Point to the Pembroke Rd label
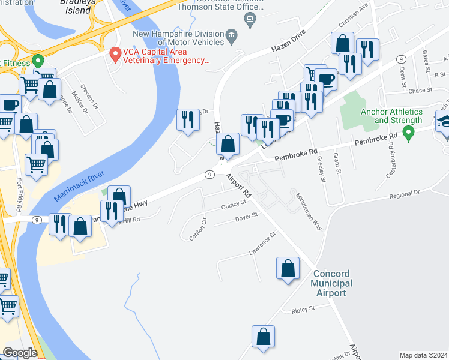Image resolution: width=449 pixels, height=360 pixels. [x=295, y=155]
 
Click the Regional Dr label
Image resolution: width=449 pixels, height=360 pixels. [x=405, y=194]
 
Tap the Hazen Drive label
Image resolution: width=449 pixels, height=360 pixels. [x=285, y=41]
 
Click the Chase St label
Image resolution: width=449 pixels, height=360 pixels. [x=420, y=90]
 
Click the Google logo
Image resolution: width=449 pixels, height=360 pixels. [x=20, y=353]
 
